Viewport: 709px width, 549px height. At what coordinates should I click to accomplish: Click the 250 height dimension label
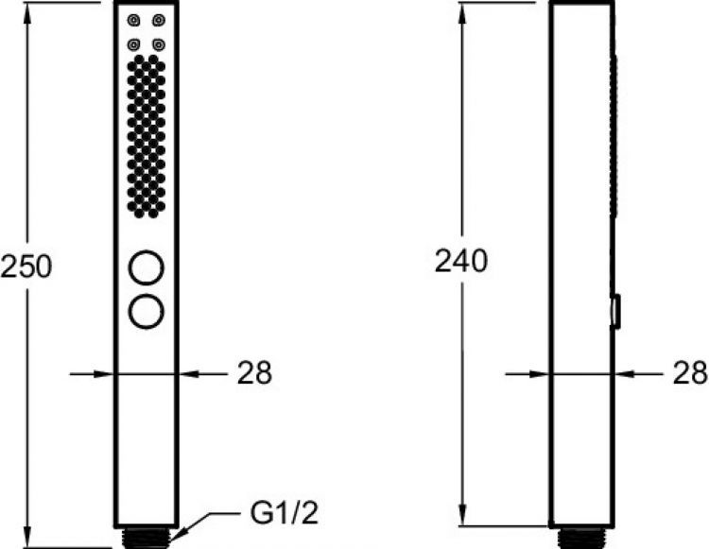point(26,267)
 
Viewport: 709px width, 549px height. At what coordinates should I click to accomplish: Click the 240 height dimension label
point(460,261)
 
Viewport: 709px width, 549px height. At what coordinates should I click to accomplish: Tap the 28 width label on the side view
point(690,373)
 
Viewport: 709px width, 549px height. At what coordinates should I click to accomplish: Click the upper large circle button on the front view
point(146,267)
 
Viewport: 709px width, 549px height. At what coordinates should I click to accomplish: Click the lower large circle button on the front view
point(146,311)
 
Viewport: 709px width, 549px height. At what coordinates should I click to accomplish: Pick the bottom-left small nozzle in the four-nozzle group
point(134,43)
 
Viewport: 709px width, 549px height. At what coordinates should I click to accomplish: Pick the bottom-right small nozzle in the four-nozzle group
point(157,43)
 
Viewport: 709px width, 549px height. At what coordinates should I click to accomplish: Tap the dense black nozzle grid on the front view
point(146,132)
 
